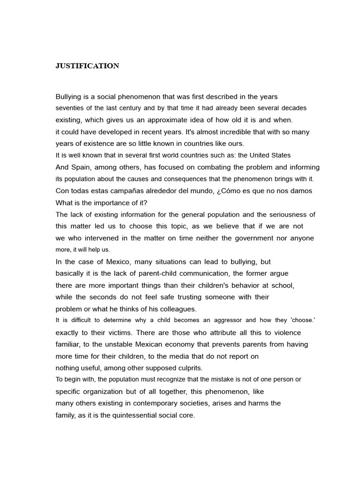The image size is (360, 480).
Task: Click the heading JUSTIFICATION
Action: [x=87, y=66]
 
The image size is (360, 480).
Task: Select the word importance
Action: [x=107, y=202]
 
